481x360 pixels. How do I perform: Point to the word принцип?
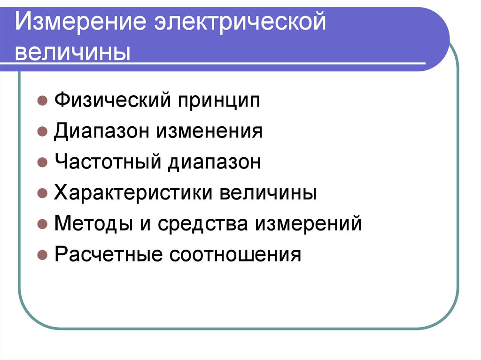(218, 101)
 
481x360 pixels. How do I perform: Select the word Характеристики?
(132, 193)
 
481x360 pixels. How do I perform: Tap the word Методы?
(93, 224)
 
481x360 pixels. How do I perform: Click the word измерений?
(308, 224)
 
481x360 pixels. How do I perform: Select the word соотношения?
(235, 255)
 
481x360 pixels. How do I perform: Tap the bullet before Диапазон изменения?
(42, 132)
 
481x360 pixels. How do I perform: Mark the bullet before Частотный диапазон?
(42, 163)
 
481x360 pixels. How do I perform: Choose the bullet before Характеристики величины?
(42, 193)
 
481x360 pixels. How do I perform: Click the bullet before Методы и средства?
(42, 224)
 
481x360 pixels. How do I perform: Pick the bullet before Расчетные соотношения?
(42, 255)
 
